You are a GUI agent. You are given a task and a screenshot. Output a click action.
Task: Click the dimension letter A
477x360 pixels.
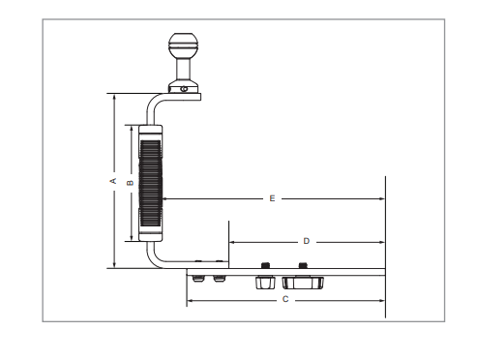pyautogui.click(x=113, y=181)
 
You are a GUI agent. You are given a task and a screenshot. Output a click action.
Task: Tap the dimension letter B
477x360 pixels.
pyautogui.click(x=131, y=183)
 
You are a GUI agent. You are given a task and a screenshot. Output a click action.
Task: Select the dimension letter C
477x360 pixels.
pyautogui.click(x=285, y=299)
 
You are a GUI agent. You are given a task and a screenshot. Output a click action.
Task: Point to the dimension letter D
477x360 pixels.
pyautogui.click(x=307, y=241)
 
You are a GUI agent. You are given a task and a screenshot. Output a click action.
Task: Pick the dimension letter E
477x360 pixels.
pyautogui.click(x=272, y=198)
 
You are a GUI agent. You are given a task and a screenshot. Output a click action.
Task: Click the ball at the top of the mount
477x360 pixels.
pyautogui.click(x=184, y=45)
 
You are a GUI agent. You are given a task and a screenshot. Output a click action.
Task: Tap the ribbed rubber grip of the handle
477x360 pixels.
pyautogui.click(x=150, y=183)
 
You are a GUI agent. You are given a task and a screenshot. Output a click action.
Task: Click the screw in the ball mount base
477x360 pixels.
pyautogui.click(x=184, y=89)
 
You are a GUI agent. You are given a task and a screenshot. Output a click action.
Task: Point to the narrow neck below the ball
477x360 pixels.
pyautogui.click(x=184, y=69)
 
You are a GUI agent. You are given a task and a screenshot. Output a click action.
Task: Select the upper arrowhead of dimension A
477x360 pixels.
pyautogui.click(x=114, y=97)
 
